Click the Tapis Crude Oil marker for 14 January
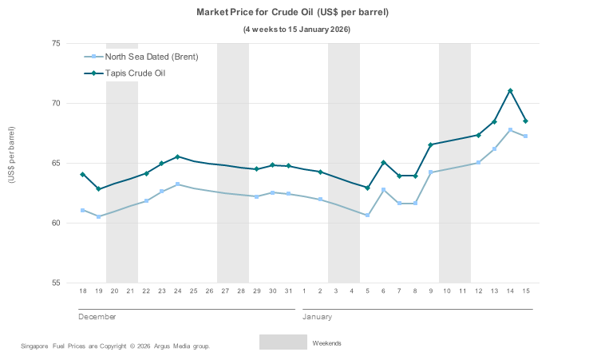tap(510, 91)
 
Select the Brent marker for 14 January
tap(510, 130)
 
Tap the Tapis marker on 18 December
tap(83, 174)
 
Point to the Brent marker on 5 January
tap(367, 215)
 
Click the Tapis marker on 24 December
tap(177, 156)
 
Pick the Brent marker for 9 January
tap(430, 172)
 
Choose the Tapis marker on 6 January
tap(383, 163)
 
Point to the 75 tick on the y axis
tap(56, 43)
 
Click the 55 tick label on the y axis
tap(56, 283)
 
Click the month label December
tap(97, 317)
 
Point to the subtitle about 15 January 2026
tap(296, 30)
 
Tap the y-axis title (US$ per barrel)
tap(11, 155)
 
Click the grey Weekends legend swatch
tap(283, 342)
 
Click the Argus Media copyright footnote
tap(116, 346)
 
